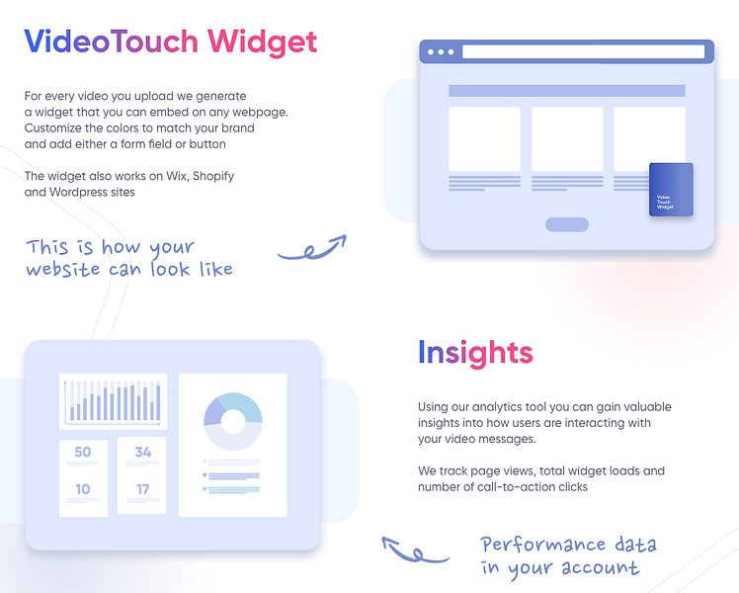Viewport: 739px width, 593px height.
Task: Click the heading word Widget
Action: click(x=262, y=42)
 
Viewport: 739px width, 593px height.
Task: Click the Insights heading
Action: click(x=474, y=353)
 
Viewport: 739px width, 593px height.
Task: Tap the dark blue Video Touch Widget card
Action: click(x=671, y=190)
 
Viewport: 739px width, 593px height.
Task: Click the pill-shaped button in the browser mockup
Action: click(x=566, y=224)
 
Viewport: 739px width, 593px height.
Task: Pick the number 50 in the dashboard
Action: click(x=82, y=453)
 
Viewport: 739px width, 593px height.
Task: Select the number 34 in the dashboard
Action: click(x=142, y=453)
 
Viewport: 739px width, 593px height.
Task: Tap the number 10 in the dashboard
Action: click(x=82, y=489)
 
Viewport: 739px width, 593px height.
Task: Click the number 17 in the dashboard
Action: click(x=142, y=489)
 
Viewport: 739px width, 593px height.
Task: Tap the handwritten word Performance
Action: click(x=542, y=545)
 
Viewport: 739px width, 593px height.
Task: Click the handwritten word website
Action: click(x=62, y=269)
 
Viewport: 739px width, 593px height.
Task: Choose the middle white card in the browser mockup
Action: click(x=566, y=138)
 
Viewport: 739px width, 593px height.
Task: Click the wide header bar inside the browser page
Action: click(x=566, y=91)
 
